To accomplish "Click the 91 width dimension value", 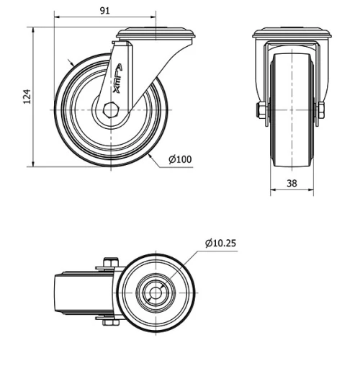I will tap(104, 11).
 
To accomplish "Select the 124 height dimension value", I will tap(27, 97).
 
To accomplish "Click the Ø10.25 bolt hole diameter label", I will tap(220, 243).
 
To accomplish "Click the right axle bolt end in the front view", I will tap(322, 110).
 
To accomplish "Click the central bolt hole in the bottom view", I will tap(156, 292).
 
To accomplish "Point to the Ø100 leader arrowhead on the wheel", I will tap(150, 154).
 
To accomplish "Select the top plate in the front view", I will tap(292, 33).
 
